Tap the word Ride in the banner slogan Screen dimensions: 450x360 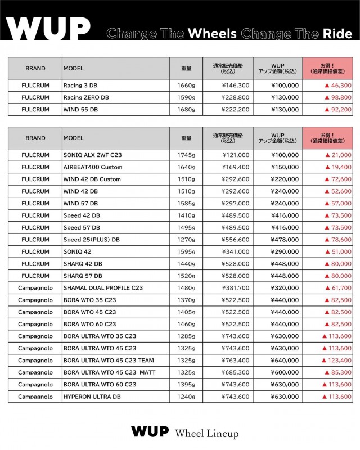[337, 33]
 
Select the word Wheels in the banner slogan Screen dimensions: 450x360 [212, 33]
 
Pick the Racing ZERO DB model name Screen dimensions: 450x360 [86, 97]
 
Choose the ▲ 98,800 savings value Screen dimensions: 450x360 [337, 97]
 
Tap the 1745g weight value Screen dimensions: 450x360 [187, 155]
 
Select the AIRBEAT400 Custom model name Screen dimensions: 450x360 [93, 167]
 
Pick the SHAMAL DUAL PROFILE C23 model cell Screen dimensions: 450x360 [103, 288]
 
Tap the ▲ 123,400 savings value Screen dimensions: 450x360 [336, 361]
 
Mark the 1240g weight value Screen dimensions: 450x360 [187, 397]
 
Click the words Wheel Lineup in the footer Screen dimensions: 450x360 [207, 434]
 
